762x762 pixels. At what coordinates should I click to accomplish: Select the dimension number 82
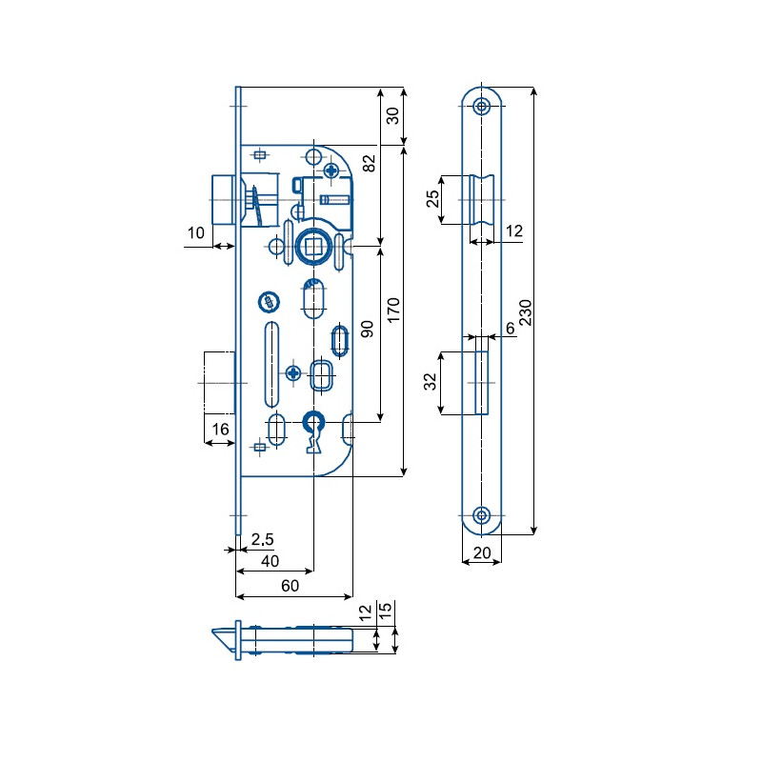(370, 163)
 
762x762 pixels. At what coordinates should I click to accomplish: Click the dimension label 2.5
(262, 540)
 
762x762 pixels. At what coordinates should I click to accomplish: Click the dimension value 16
(219, 430)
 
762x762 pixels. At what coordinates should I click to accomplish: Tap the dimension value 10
(196, 233)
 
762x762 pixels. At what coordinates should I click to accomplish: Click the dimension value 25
(433, 199)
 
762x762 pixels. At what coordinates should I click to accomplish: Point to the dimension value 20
(480, 551)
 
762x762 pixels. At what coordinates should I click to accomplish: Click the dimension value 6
(510, 328)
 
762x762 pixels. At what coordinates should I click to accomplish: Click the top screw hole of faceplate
(482, 106)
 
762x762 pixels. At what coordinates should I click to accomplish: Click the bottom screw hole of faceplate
(482, 515)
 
